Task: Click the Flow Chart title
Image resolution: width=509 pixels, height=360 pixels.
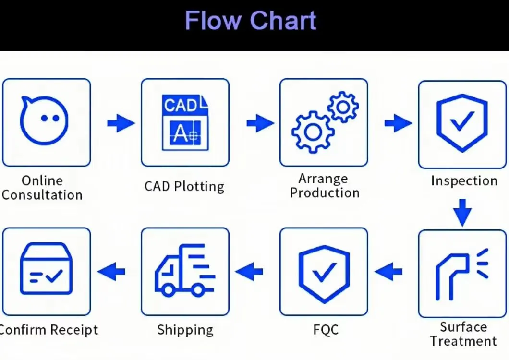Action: [251, 21]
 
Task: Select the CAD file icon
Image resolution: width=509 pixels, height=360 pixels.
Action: [185, 122]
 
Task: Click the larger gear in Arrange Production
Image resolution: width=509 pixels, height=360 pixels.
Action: [313, 132]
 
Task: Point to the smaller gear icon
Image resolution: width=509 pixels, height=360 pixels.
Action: [343, 107]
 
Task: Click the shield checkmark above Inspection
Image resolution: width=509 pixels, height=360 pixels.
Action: [461, 122]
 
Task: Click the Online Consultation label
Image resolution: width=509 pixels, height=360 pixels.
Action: [42, 188]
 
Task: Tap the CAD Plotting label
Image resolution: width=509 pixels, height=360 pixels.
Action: [184, 186]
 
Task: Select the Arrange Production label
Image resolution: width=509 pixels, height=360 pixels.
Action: [324, 186]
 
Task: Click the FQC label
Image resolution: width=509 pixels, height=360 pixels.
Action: [325, 330]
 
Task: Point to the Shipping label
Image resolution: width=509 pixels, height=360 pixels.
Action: [185, 330]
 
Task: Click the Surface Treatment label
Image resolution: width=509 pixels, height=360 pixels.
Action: [463, 334]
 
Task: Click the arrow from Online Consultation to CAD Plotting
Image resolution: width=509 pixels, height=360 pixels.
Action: [121, 123]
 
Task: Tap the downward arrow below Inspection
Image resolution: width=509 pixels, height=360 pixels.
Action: [462, 213]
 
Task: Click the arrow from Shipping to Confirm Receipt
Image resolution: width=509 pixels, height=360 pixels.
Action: [111, 272]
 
